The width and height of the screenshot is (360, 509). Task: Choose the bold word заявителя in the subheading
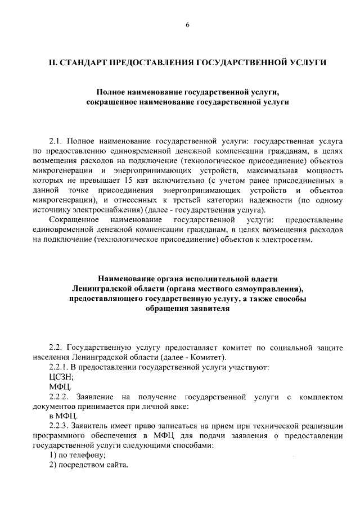click(204, 309)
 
